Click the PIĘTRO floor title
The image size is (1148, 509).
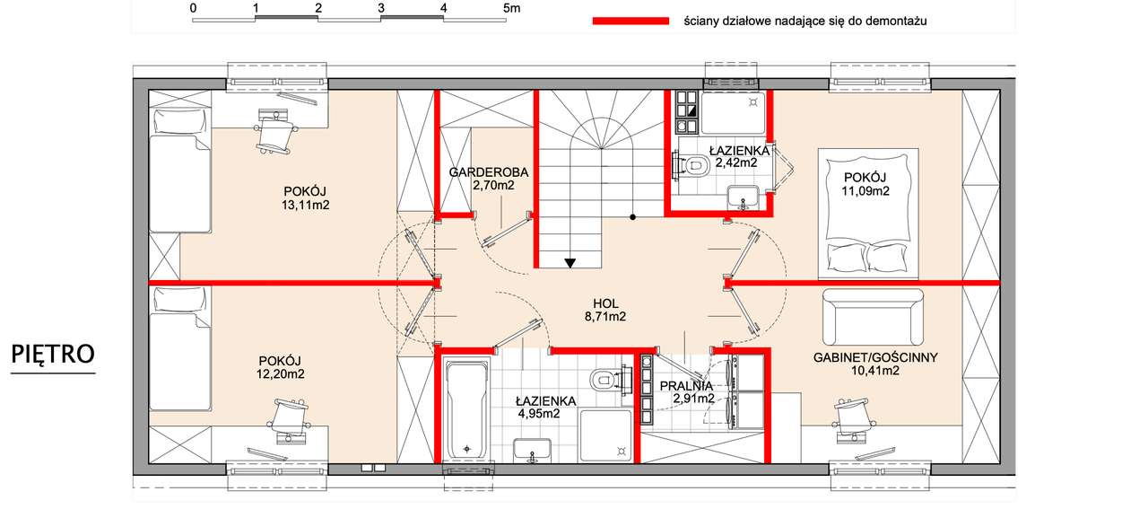point(53,354)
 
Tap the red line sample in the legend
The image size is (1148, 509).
point(631,21)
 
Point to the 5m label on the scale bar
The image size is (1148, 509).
point(511,8)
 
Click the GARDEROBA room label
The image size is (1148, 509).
point(489,172)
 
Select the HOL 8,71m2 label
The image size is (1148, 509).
point(605,310)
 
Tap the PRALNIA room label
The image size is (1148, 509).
point(686,385)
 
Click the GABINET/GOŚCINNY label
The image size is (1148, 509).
point(875,357)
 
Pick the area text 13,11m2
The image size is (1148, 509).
point(306,206)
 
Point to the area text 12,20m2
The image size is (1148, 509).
point(281,374)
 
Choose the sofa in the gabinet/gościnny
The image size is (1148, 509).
point(873,317)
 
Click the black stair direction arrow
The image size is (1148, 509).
point(570,263)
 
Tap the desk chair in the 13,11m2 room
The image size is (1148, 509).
point(275,132)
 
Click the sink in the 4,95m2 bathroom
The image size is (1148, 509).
point(533,451)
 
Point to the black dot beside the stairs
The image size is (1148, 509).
point(633,217)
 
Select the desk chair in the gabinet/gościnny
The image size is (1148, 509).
point(852,418)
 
